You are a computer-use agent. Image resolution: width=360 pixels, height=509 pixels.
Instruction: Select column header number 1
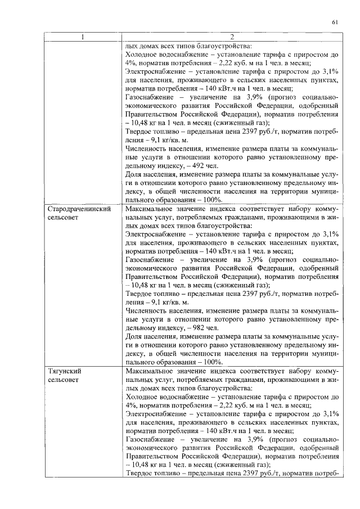[x=82, y=38]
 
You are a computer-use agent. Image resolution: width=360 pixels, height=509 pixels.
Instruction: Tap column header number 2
[x=231, y=38]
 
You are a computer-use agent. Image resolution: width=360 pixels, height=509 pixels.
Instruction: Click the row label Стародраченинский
[x=77, y=224]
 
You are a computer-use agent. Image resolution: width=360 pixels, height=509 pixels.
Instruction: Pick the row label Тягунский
[x=62, y=372]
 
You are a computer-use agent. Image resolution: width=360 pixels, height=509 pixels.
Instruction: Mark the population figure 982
[x=197, y=327]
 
